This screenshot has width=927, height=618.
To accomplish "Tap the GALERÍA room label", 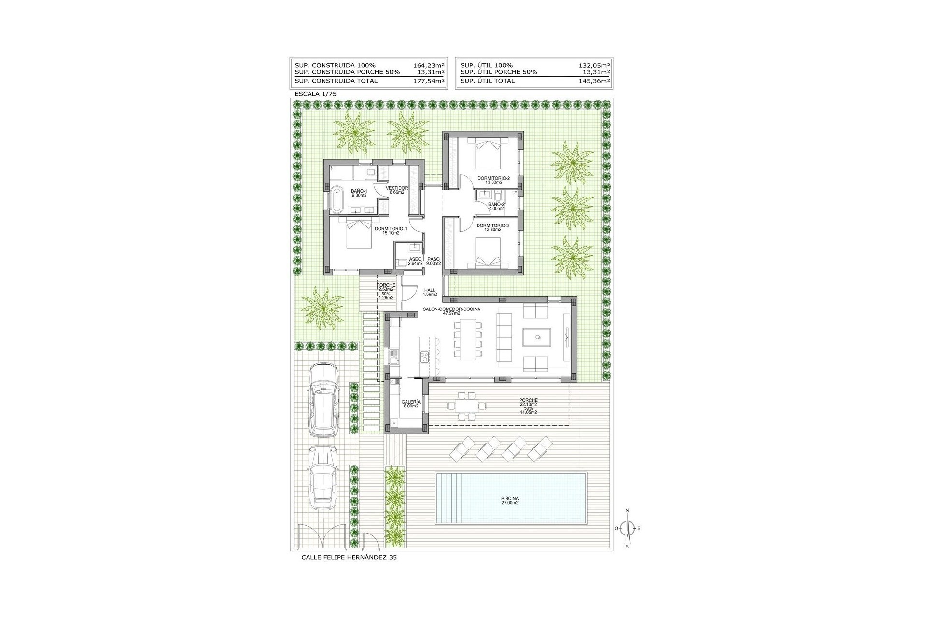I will click(411, 402).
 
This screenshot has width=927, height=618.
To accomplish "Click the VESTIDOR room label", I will click(397, 188).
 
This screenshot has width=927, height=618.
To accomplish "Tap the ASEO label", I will click(415, 259).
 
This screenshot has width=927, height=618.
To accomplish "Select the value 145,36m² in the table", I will click(594, 81).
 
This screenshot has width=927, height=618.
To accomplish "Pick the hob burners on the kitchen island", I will click(424, 357).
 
